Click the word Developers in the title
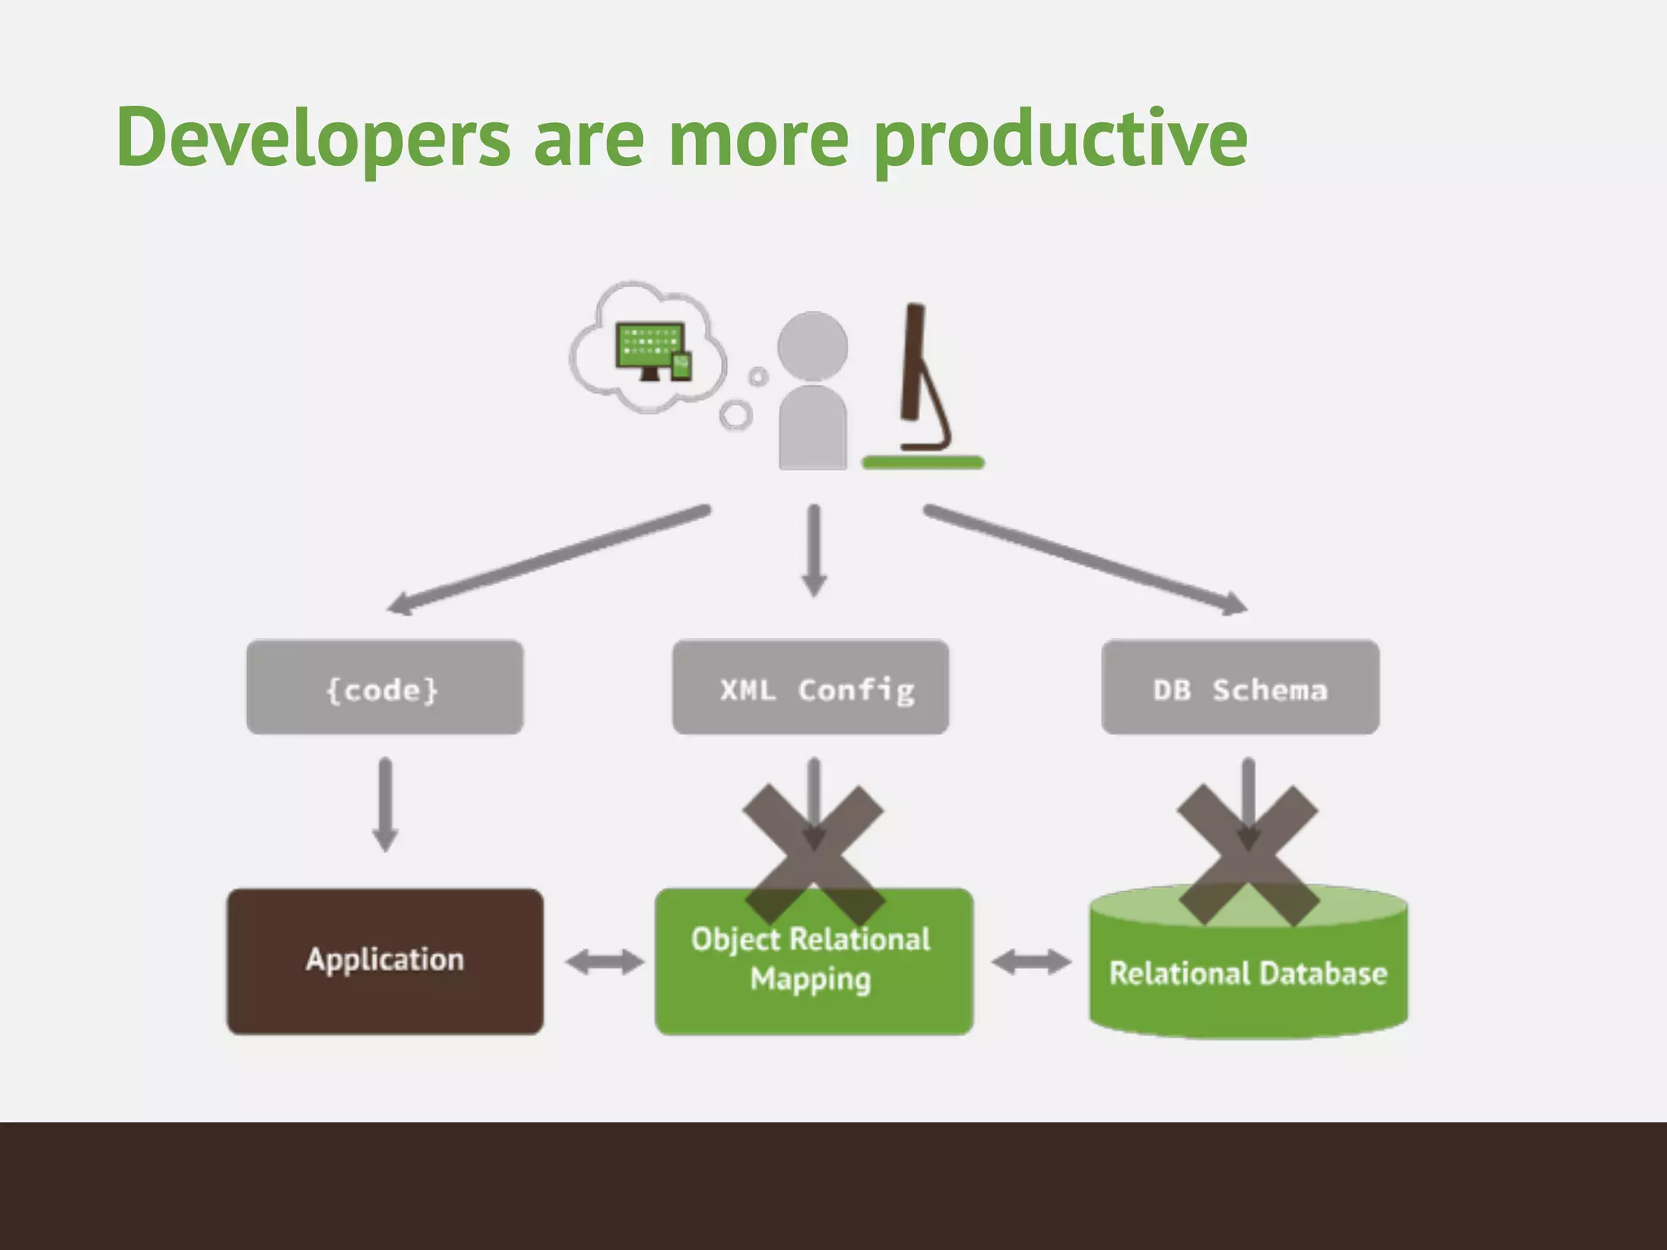(x=313, y=138)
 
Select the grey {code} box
(x=384, y=688)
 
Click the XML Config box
(x=811, y=688)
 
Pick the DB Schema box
(x=1240, y=688)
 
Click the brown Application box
(x=384, y=960)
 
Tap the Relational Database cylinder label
(x=1248, y=973)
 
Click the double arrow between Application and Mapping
(x=604, y=962)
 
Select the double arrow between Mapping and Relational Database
(x=1030, y=962)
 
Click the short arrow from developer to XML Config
(x=814, y=550)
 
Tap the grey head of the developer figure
(x=812, y=346)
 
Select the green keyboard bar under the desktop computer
(x=923, y=462)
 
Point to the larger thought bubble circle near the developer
(x=736, y=415)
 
